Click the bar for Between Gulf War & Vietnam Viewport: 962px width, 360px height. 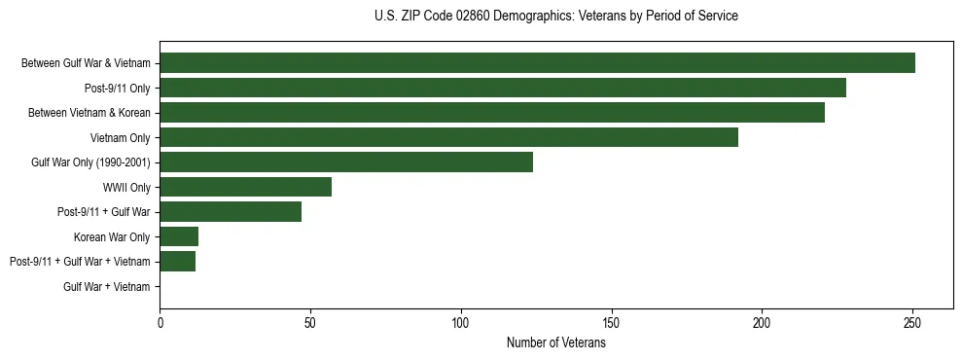coord(537,63)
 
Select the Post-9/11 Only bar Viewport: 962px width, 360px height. coord(503,88)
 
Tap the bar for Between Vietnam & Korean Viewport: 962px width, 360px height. coord(492,113)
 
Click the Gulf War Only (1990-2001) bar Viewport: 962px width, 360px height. coord(346,162)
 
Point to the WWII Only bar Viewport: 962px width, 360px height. coord(245,187)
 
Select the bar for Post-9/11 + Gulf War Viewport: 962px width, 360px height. coord(231,212)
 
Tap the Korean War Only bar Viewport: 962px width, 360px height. coord(179,236)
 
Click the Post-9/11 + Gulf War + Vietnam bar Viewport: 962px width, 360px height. coord(177,262)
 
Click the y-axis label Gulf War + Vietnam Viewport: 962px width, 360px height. coord(107,287)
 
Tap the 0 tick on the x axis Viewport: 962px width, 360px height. coord(160,322)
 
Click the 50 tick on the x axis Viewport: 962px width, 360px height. coord(310,322)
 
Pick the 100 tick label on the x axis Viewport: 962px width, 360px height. coord(461,322)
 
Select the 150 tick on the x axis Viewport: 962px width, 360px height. coord(611,322)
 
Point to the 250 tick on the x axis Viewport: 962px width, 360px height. coord(912,322)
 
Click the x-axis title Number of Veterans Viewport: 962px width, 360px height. coord(555,343)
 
